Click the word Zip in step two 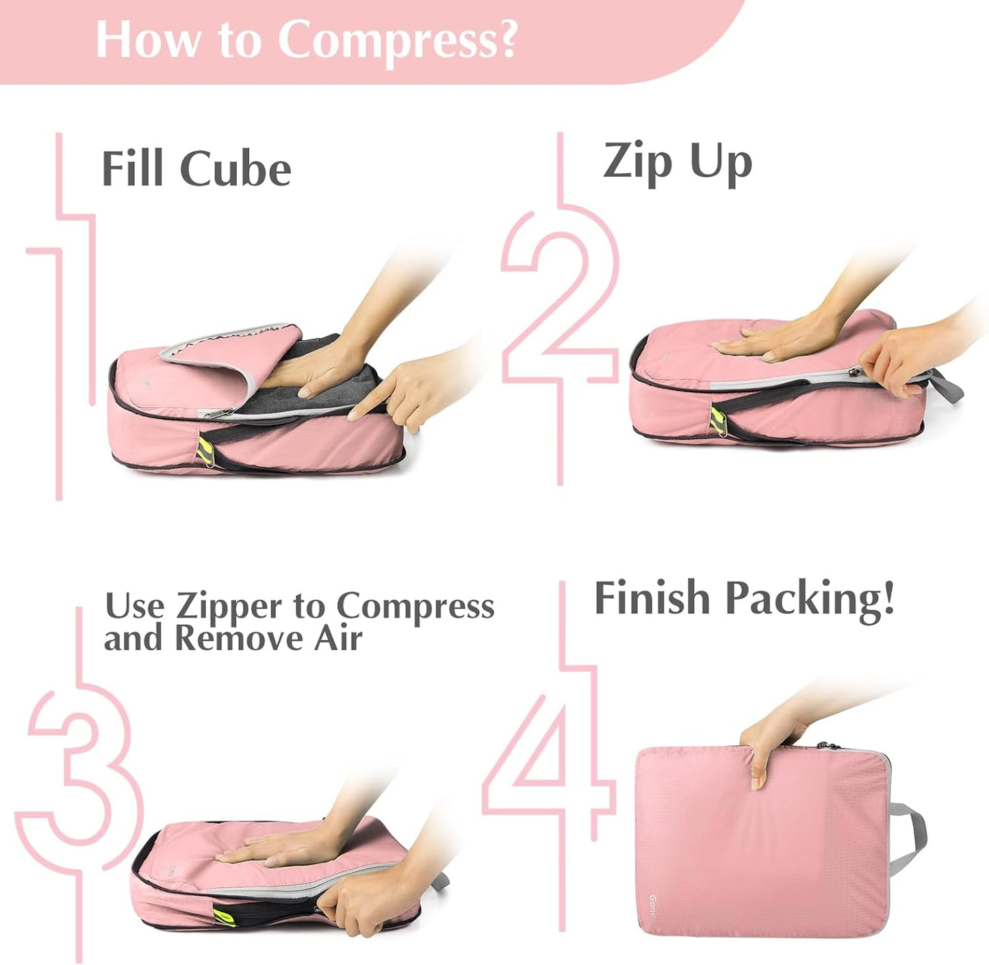(x=637, y=163)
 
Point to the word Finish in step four (x=651, y=598)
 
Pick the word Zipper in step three (x=228, y=606)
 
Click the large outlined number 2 (x=558, y=301)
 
